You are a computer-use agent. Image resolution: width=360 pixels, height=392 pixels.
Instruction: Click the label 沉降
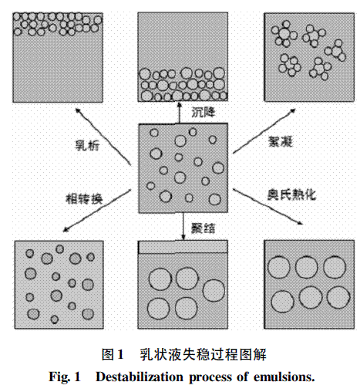tap(204, 113)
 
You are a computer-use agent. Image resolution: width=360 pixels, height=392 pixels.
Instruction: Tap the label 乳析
tap(87, 146)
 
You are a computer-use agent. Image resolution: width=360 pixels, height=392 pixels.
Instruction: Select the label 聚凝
tap(281, 141)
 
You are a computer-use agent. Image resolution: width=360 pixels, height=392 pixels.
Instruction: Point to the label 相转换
tap(84, 199)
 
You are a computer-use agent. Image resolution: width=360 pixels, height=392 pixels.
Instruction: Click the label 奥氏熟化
tap(291, 194)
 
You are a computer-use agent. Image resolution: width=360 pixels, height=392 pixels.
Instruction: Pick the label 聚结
tap(204, 228)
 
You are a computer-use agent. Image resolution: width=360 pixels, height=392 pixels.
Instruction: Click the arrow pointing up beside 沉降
tap(180, 113)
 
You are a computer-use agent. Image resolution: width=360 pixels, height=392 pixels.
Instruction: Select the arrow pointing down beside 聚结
tap(183, 226)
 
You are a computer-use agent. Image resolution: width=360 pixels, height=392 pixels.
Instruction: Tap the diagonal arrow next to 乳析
tap(103, 137)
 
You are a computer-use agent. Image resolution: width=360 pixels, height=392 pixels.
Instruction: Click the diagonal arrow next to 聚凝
tap(264, 131)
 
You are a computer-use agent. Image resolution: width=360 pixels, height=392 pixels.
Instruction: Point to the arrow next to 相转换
tap(97, 211)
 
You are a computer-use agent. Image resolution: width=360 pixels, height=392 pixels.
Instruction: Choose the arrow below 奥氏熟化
tap(267, 207)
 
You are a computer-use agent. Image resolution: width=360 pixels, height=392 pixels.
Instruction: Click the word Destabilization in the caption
tap(140, 377)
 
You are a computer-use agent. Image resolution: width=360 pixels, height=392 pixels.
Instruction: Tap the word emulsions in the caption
tap(284, 377)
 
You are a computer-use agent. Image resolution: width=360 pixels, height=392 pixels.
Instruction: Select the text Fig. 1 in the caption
tap(65, 377)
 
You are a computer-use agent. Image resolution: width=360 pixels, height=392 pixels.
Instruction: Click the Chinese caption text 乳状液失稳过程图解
tap(203, 354)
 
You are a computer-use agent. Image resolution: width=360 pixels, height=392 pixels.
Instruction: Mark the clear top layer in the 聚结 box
tap(183, 247)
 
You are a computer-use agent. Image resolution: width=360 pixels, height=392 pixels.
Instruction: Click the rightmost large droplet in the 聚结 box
tap(214, 290)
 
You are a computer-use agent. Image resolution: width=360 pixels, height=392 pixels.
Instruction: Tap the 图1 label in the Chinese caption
tap(113, 354)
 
